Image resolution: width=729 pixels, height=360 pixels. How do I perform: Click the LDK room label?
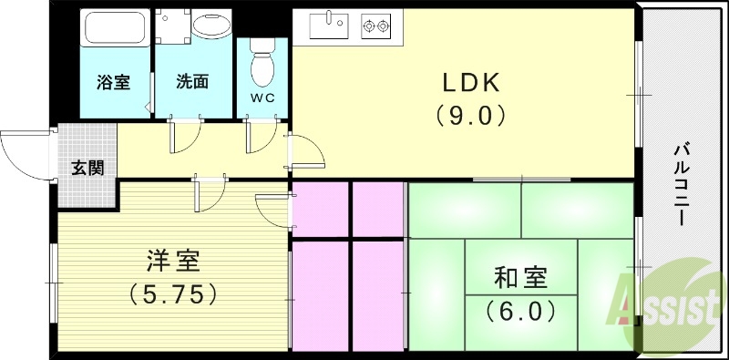coord(472,83)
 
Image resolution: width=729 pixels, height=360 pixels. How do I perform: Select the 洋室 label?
coord(172,262)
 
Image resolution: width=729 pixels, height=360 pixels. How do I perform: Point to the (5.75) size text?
coord(172,293)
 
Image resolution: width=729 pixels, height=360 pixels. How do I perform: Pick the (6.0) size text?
coord(521,310)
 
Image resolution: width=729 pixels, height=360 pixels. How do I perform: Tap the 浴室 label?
coord(113,81)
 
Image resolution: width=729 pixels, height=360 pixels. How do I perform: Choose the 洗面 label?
coord(192,81)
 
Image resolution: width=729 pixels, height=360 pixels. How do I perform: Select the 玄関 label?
coord(87,168)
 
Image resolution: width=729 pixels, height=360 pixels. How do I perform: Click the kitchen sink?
coord(329,26)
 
